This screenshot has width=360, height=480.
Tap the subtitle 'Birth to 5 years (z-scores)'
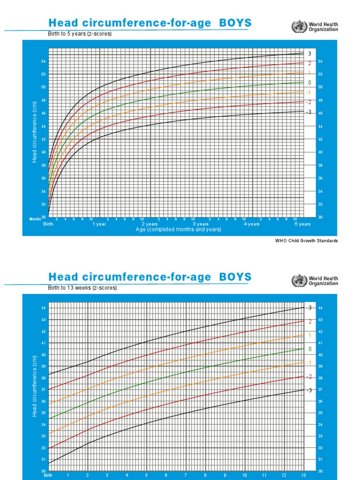pyautogui.click(x=80, y=34)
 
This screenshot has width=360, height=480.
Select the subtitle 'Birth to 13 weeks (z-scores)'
pyautogui.click(x=82, y=288)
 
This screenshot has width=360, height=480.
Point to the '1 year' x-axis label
pyautogui.click(x=99, y=224)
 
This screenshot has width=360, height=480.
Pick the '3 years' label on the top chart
pyautogui.click(x=201, y=224)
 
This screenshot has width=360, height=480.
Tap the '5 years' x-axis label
pyautogui.click(x=302, y=224)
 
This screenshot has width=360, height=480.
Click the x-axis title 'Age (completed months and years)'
pyautogui.click(x=178, y=230)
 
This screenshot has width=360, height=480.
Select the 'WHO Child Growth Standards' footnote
pyautogui.click(x=306, y=240)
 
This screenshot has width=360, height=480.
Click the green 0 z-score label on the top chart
pyautogui.click(x=309, y=82)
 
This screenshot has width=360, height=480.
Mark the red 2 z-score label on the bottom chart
pyautogui.click(x=309, y=322)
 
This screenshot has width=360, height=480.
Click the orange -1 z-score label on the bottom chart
pyautogui.click(x=309, y=363)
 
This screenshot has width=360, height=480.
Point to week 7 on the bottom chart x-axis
pyautogui.click(x=186, y=475)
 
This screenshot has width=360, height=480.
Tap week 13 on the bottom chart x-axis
pyautogui.click(x=303, y=475)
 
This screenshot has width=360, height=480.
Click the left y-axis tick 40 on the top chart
pyautogui.click(x=44, y=152)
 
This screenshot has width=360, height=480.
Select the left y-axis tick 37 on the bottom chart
pyautogui.click(x=44, y=390)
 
